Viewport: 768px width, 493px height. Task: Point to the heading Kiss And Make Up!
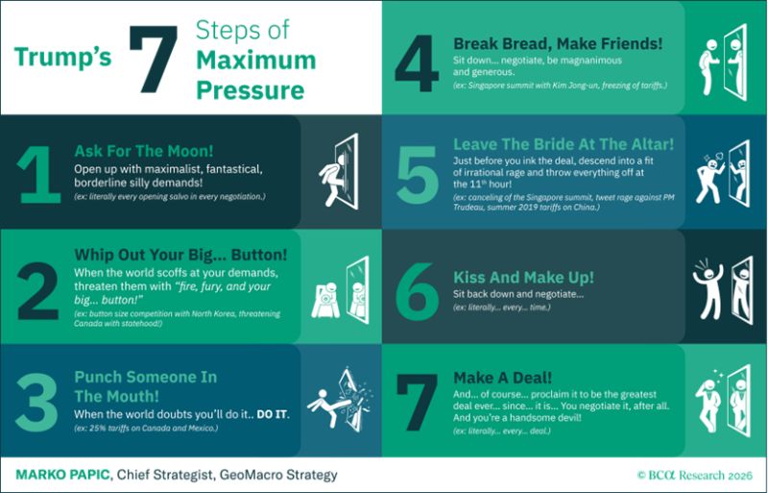point(523,277)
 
